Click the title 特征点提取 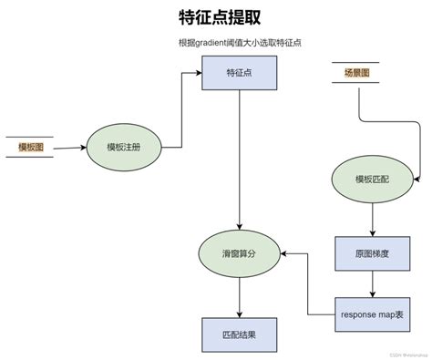tap(217, 18)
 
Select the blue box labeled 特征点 tap(239, 74)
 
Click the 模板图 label tap(30, 147)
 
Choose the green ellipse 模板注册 tap(123, 147)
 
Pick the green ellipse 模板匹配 tap(372, 179)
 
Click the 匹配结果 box tap(239, 334)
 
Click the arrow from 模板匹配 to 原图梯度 tap(372, 220)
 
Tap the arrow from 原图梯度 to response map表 tap(372, 284)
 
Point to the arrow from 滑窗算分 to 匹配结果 tap(239, 296)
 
